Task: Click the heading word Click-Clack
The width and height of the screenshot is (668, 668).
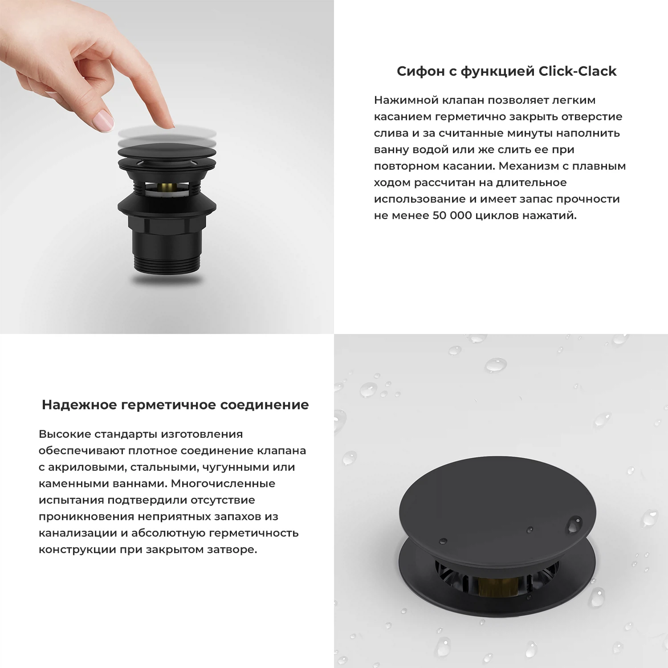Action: (x=578, y=71)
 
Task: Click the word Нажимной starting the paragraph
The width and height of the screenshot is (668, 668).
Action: (x=406, y=100)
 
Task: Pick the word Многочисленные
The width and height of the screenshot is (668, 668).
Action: (x=223, y=484)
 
